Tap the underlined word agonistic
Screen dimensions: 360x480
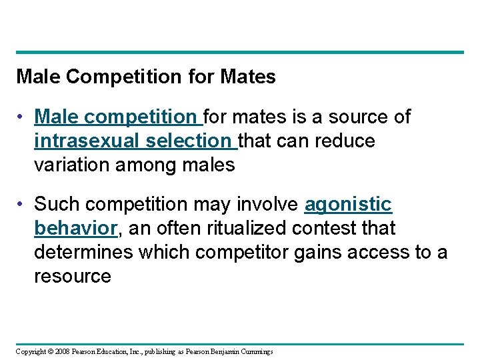tap(348, 204)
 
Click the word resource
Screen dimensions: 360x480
tap(72, 276)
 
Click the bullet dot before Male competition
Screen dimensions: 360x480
tap(22, 117)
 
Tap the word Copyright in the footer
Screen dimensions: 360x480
tap(31, 351)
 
